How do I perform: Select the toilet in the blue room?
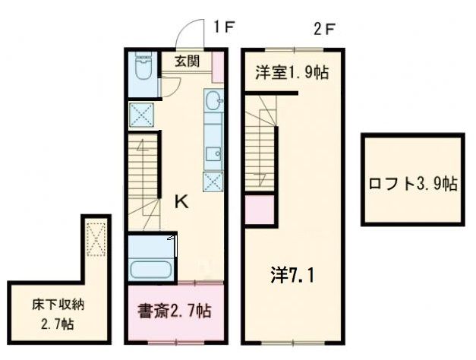(142, 71)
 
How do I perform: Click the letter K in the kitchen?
(182, 202)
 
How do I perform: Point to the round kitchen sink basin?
(213, 99)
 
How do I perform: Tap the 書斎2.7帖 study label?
(175, 311)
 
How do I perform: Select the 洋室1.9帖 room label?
(292, 73)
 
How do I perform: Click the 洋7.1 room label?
(292, 274)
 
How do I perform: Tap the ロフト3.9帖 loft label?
(412, 183)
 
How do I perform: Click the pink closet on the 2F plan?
(258, 209)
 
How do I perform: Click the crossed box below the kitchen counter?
(213, 181)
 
